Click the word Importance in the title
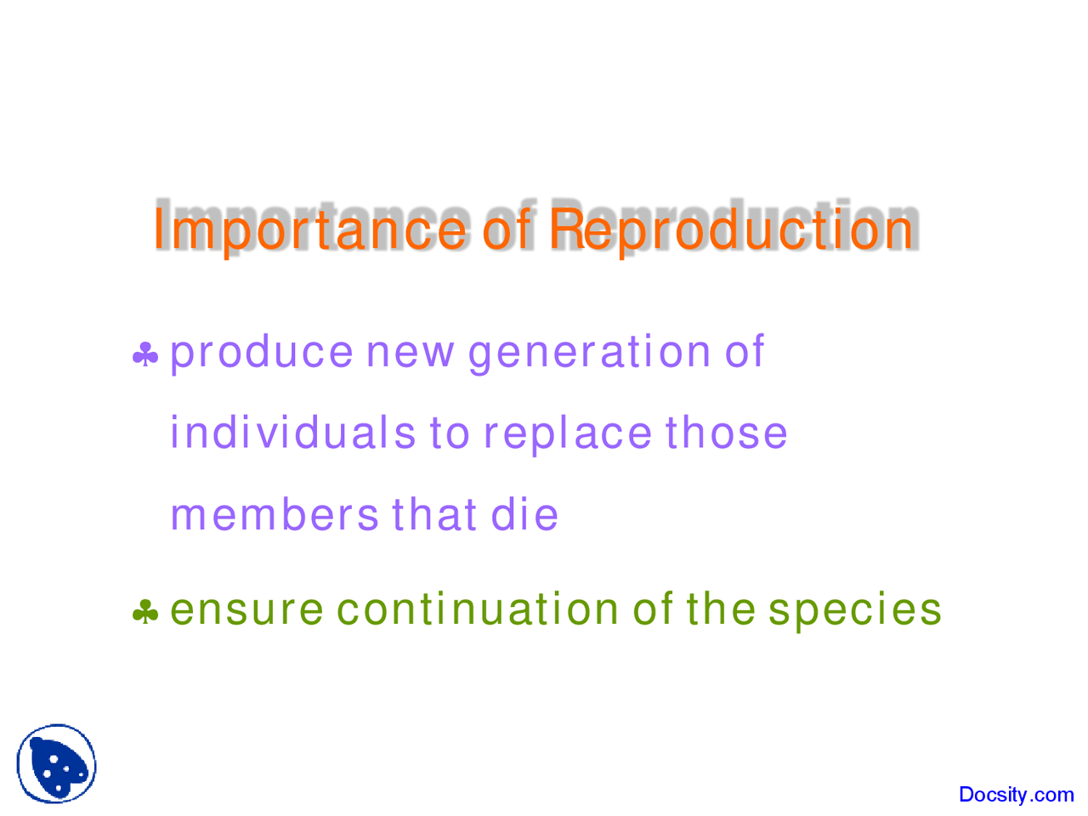point(309,229)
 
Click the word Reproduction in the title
point(730,229)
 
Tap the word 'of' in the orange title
point(507,229)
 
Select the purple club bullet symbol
point(145,354)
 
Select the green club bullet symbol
point(145,611)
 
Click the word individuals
point(292,433)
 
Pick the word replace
point(567,433)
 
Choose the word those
point(726,433)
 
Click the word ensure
point(246,610)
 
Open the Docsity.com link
point(1016,795)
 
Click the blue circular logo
point(57,763)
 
